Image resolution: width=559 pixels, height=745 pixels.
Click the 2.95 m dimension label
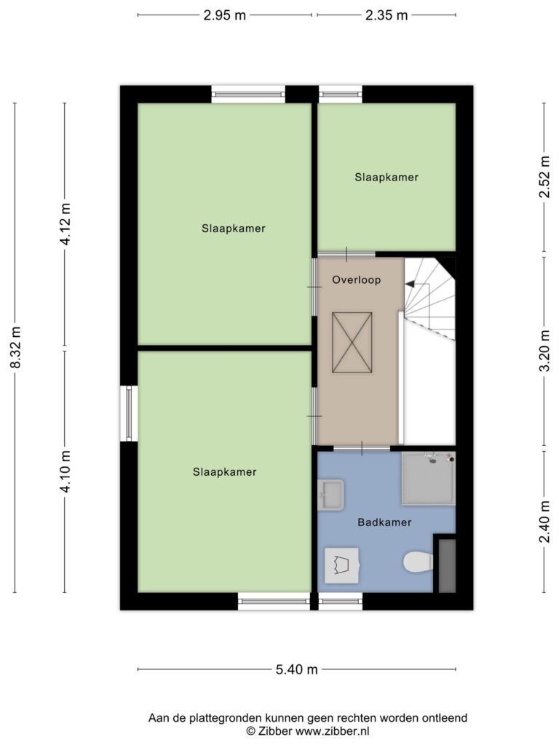coord(224,15)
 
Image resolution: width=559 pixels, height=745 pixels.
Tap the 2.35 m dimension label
coord(386,15)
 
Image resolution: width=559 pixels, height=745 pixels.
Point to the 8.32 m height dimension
coord(16,347)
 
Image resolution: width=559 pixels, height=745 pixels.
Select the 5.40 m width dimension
coord(297,669)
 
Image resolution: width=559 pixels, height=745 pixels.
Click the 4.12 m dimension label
coord(65,224)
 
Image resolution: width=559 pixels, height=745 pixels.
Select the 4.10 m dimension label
coord(65,471)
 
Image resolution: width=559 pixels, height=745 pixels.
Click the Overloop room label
coord(357,280)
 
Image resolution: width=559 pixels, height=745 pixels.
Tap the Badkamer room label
coord(384,522)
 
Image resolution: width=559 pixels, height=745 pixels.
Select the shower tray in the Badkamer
coord(428,478)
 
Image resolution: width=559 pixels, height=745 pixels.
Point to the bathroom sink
coord(331,495)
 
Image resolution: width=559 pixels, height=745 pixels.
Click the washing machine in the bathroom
coord(342,565)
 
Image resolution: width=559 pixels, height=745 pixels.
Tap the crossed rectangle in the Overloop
coord(352,343)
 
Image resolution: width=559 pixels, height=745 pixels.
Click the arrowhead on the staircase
coord(409,284)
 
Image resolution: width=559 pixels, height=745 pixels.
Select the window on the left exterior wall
coord(129,413)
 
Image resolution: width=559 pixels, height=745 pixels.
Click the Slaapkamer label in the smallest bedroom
coord(386,178)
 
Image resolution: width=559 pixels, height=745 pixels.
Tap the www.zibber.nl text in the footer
coord(332,731)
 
